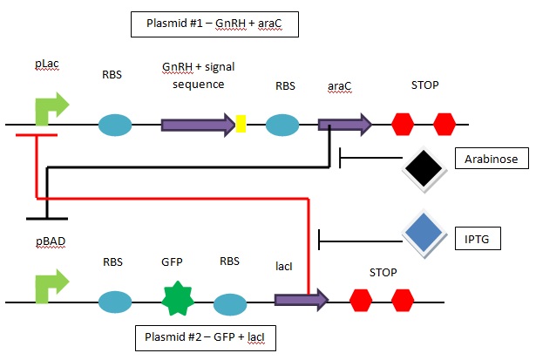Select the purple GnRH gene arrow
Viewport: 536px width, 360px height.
click(x=198, y=126)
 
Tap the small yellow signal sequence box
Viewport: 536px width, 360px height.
click(x=241, y=126)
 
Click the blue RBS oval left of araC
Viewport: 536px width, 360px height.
click(x=286, y=126)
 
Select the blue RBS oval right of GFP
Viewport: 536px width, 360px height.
click(x=230, y=303)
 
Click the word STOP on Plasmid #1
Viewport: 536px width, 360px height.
click(x=424, y=86)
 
